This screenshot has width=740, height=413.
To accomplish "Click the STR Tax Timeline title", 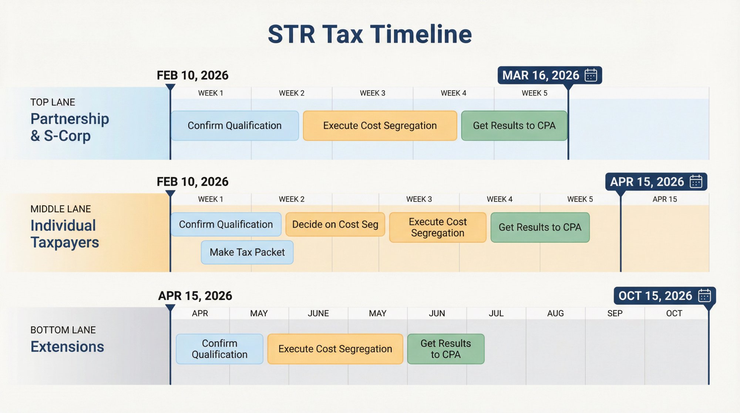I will pos(370,34).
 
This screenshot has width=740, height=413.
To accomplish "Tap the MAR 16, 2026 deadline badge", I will pos(549,75).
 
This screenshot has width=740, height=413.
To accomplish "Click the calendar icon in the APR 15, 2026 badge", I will pos(696,182).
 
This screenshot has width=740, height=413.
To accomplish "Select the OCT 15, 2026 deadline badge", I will pos(664,296).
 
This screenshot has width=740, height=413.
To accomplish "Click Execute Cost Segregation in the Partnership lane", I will pos(380,125).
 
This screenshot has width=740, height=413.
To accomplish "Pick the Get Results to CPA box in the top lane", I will pos(514,125).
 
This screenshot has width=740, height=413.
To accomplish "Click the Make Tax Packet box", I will pos(247,252).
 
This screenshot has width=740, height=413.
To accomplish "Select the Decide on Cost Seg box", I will pos(335,224).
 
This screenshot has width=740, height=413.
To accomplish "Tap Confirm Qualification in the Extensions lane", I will pos(219,349).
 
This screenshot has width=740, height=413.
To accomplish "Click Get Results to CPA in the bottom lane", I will pos(445,349).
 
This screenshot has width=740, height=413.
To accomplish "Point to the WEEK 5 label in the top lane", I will pos(534,93).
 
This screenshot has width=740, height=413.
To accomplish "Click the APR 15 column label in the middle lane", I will pos(665,199).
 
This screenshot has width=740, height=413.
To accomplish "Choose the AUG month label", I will pos(555,313).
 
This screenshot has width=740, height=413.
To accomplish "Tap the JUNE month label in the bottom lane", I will pos(318,313).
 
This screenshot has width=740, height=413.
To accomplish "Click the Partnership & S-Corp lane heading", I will pos(70,127).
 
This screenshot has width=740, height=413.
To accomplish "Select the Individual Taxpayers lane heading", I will pos(65,234).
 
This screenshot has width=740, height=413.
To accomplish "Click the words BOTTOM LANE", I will pos(63,330).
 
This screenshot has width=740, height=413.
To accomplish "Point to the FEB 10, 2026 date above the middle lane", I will pos(192,182).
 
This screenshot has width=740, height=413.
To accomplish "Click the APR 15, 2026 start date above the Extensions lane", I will pos(195,296).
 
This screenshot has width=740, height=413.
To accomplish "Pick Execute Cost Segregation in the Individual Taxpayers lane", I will pos(438,227).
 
